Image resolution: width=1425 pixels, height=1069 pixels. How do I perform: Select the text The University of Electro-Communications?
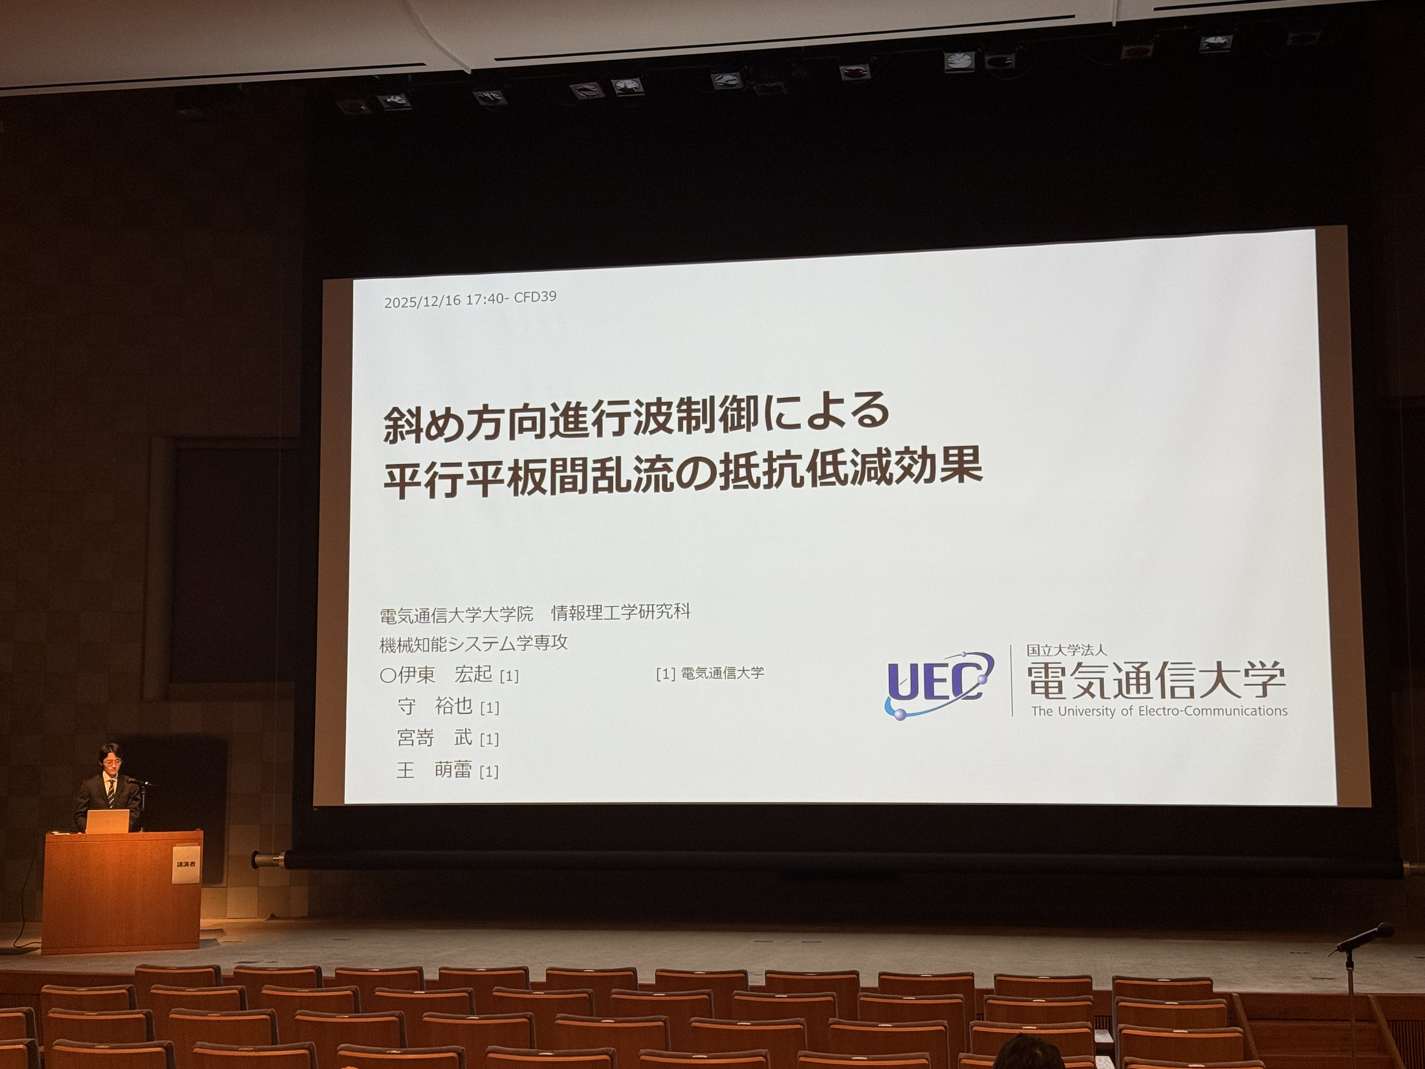tap(1159, 711)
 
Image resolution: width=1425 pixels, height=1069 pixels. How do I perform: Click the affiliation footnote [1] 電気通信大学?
tap(710, 673)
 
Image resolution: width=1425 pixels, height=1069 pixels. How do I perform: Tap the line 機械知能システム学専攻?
tap(474, 643)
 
